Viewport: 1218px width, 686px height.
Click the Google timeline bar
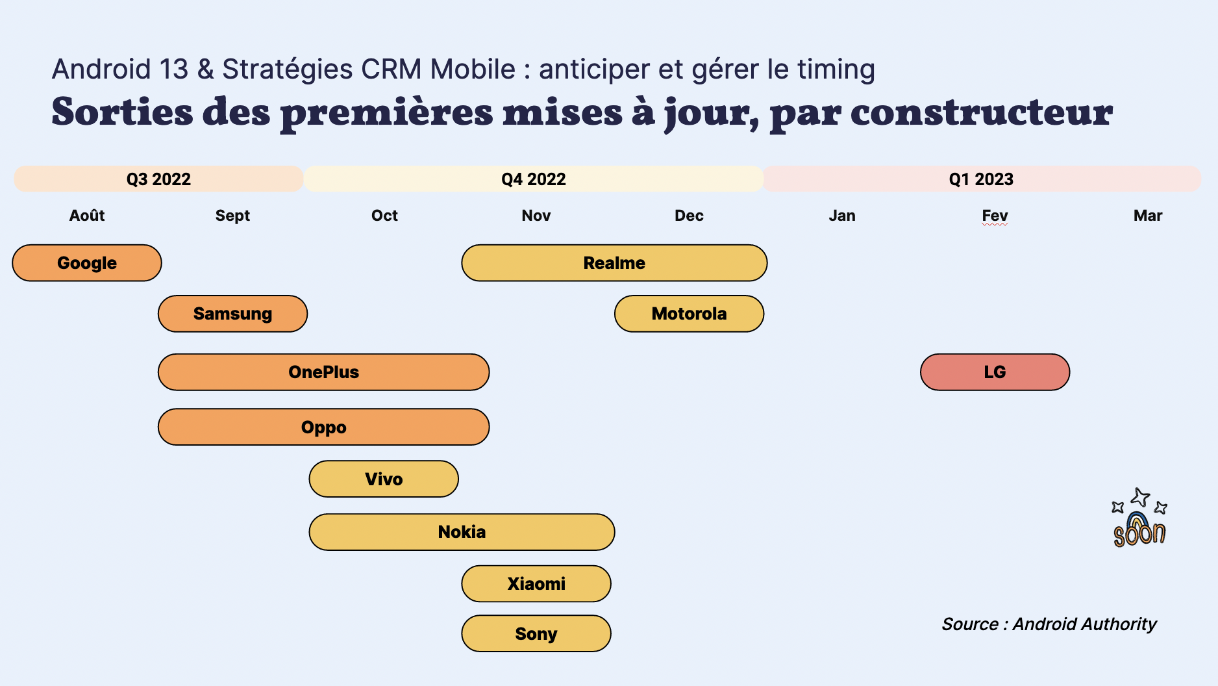tap(87, 263)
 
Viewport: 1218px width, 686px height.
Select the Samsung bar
tap(232, 314)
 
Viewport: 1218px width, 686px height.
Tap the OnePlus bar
tap(323, 372)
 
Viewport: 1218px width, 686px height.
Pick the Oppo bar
tap(323, 427)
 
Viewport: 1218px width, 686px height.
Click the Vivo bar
tap(384, 479)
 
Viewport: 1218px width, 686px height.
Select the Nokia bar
tap(462, 532)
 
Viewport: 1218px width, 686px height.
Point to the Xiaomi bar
tap(536, 583)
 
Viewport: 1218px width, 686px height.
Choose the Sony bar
tap(536, 633)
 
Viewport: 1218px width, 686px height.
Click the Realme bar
tap(614, 263)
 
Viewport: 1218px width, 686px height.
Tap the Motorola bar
tap(689, 314)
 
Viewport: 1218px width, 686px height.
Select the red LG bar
tap(995, 372)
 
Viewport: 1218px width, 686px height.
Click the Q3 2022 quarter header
tap(158, 179)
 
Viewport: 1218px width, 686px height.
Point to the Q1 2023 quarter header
tap(982, 179)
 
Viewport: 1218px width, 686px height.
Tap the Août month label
tap(87, 215)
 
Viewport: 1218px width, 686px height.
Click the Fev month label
tap(995, 216)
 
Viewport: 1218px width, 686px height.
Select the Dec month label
tap(689, 216)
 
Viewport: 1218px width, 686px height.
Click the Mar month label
tap(1148, 216)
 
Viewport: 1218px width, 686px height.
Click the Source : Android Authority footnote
tap(1049, 624)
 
